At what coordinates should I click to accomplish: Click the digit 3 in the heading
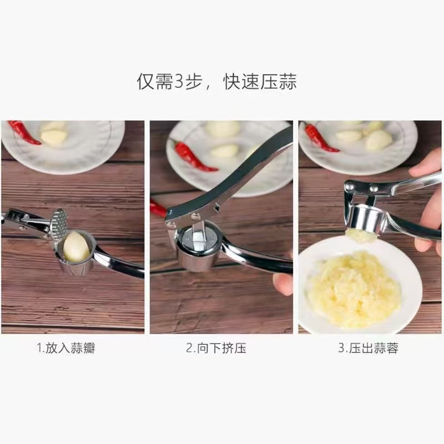point(178,82)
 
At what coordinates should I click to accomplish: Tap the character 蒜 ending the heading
point(287,82)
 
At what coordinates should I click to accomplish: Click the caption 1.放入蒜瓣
point(66,348)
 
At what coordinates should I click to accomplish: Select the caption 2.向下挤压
point(216,348)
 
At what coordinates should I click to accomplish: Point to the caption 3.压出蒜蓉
point(368,348)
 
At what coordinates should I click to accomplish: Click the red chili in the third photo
point(320,137)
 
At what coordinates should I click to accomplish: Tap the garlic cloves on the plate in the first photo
point(54,134)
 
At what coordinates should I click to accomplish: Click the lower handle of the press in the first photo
point(119,262)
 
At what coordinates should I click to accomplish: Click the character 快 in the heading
point(233,82)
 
